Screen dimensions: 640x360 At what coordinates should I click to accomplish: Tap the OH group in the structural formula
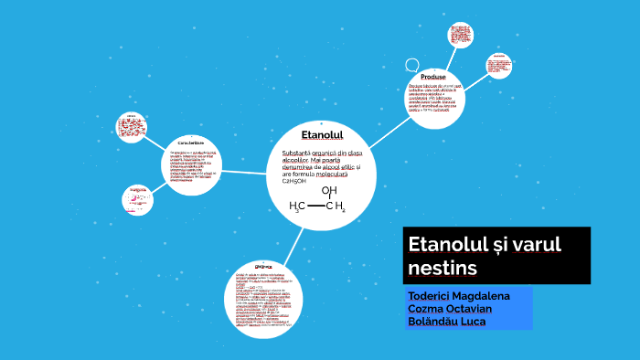[328, 190]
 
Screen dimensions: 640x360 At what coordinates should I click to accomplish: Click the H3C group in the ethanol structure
[296, 207]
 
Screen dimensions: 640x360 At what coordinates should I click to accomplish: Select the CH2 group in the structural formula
[336, 207]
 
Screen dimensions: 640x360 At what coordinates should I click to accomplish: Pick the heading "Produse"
[434, 77]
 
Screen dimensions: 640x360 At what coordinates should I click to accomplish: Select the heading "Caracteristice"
[190, 143]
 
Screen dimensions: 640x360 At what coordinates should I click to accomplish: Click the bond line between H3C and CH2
[315, 207]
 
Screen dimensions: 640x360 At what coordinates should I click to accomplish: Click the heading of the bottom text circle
[262, 267]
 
